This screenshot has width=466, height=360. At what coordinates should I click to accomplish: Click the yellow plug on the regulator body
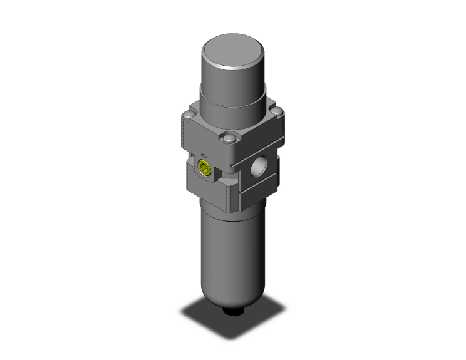tap(204, 167)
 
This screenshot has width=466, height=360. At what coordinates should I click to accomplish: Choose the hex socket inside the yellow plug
tap(204, 167)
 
